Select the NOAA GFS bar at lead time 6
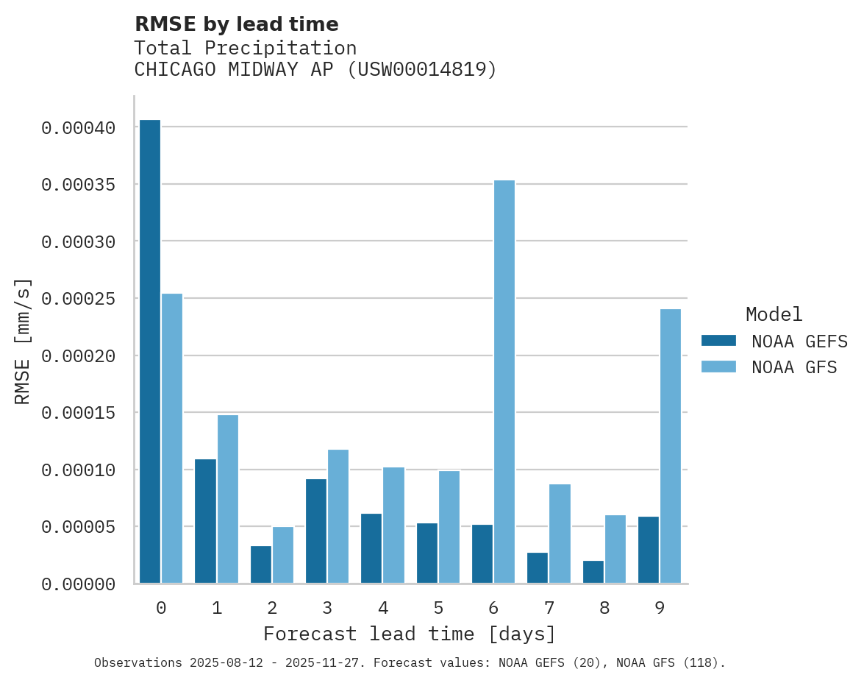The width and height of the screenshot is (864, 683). tap(504, 382)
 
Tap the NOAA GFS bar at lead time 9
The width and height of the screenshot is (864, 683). tap(671, 446)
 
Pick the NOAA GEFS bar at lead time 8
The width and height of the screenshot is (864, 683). tap(593, 572)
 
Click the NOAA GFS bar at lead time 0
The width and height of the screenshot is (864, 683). tap(172, 439)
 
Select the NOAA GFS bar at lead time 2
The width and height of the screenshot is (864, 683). tap(283, 555)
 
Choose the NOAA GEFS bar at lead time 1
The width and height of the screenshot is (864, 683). tap(205, 521)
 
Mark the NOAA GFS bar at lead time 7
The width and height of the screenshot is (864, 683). tap(560, 534)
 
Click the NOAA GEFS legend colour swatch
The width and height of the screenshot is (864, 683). tap(718, 340)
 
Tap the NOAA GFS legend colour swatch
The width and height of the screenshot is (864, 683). tap(718, 367)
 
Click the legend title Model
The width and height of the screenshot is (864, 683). tap(774, 314)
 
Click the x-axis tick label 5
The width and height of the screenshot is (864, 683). tap(438, 608)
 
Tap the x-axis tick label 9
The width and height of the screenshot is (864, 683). tap(660, 608)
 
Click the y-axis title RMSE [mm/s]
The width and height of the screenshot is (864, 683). tap(23, 341)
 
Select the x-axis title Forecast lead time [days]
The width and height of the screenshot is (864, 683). tap(410, 634)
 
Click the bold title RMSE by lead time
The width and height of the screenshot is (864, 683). tap(237, 24)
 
